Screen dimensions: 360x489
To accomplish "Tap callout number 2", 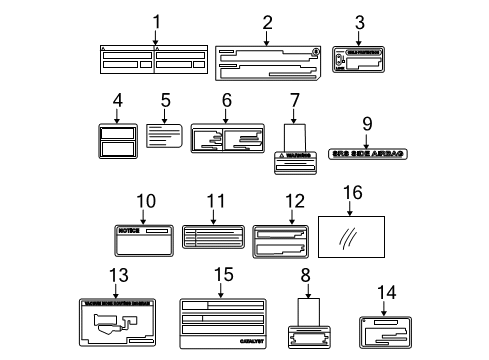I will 267,20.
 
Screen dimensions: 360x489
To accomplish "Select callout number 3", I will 360,20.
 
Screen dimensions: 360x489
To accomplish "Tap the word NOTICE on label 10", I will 130,231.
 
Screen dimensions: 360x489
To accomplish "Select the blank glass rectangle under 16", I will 352,240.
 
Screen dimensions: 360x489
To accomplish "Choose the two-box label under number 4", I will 117,140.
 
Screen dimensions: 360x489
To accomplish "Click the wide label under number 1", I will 156,62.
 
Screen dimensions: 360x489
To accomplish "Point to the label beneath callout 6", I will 228,142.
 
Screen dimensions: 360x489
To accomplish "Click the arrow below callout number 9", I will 367,138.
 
